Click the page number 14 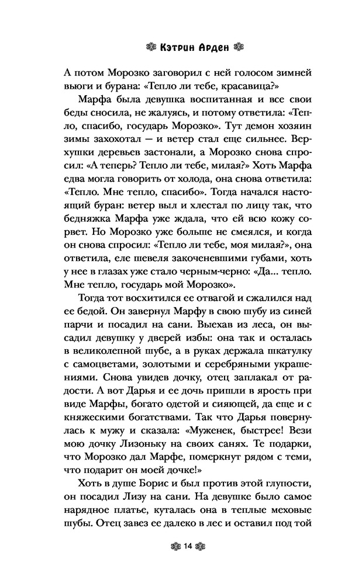tap(187, 546)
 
